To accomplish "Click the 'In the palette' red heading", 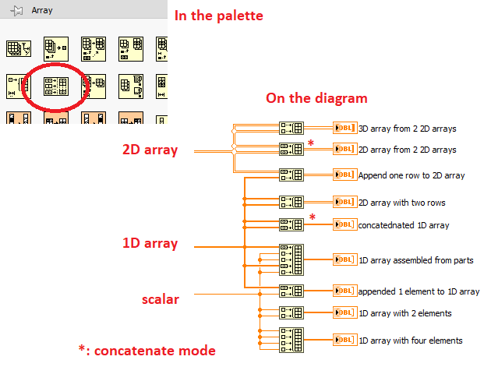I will [218, 15].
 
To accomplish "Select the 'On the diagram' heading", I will [316, 98].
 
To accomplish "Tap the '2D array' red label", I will [150, 150].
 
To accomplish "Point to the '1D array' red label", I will [150, 243].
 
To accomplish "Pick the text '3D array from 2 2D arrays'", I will [408, 129].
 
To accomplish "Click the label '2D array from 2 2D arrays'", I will [408, 149].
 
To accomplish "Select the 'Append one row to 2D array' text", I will [412, 175].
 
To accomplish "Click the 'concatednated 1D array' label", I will [404, 225].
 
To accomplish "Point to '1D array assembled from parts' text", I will [415, 260].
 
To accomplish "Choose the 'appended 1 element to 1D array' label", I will [419, 291].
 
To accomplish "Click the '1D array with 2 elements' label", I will [404, 313].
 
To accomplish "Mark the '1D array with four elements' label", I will [410, 340].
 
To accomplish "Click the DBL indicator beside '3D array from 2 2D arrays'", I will [344, 129].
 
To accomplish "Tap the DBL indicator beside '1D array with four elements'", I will [344, 340].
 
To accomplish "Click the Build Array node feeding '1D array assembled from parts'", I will [291, 259].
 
